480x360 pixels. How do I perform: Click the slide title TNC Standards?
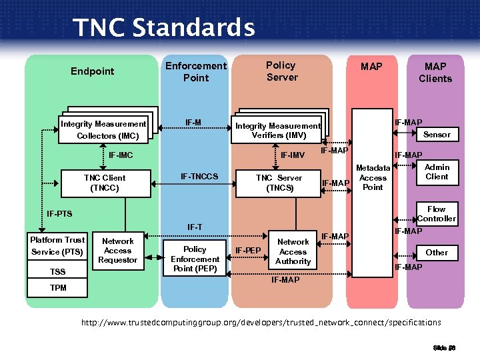(x=163, y=28)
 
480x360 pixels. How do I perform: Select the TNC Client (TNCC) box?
(x=104, y=183)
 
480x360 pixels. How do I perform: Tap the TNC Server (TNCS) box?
(x=279, y=183)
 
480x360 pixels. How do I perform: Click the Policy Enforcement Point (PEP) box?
(x=195, y=259)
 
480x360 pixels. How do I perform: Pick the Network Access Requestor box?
(x=118, y=251)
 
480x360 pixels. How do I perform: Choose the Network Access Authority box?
(x=293, y=251)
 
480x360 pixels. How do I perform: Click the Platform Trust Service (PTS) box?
(x=57, y=245)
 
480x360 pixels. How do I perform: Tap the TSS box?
(x=58, y=272)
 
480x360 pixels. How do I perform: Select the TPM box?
(x=58, y=288)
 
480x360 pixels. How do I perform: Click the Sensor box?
(x=437, y=134)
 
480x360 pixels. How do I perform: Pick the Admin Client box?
(x=437, y=172)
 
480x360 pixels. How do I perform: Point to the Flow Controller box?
(x=437, y=213)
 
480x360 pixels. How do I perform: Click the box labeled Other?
(x=437, y=252)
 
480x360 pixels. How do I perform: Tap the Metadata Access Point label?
(x=373, y=177)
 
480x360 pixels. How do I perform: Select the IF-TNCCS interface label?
(x=199, y=177)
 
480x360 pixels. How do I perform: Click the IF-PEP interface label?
(x=248, y=251)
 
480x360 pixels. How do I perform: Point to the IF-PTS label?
(x=59, y=214)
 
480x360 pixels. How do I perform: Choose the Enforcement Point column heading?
(x=196, y=71)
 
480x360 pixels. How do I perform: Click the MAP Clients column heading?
(x=435, y=72)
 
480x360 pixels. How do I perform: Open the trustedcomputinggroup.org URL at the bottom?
(x=261, y=323)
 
